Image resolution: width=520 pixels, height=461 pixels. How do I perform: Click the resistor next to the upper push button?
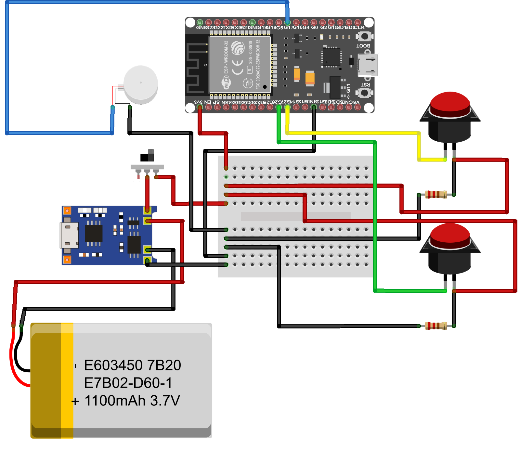[x=436, y=195]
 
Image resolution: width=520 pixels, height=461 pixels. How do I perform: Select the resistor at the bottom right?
[x=436, y=326]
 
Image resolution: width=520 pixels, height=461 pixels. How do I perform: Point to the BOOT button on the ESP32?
[x=365, y=36]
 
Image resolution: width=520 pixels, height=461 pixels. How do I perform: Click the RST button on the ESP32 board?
[x=365, y=93]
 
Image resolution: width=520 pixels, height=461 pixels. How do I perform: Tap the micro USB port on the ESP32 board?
[x=368, y=65]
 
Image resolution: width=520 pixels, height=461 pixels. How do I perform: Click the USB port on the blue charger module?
[x=69, y=236]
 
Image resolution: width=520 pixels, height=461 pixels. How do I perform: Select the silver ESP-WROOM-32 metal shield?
[x=240, y=65]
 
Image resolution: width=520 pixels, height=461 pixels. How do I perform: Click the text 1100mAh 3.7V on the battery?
[x=132, y=401]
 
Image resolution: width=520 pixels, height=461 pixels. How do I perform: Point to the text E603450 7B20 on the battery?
[x=132, y=365]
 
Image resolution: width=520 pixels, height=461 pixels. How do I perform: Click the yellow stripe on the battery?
[x=67, y=380]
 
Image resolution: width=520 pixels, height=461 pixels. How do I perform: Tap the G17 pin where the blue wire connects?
[x=287, y=22]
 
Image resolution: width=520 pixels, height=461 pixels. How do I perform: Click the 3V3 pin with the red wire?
[x=200, y=107]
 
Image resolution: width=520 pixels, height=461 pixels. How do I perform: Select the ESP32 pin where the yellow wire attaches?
[x=287, y=107]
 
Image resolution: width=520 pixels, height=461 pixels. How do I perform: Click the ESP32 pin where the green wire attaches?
[x=279, y=107]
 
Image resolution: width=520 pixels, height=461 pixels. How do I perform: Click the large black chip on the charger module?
[x=93, y=233]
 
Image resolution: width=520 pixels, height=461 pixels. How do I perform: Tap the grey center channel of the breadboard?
[x=296, y=216]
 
